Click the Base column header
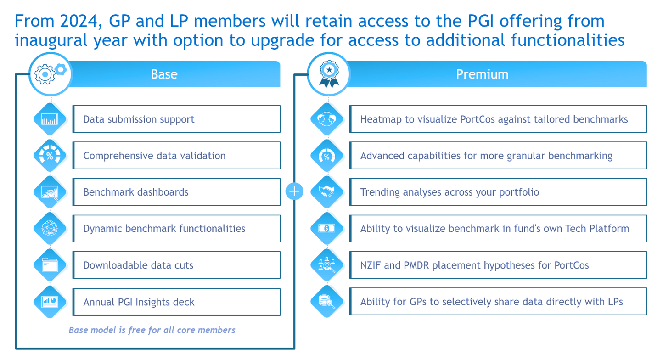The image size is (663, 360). point(164,74)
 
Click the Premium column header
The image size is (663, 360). point(482,74)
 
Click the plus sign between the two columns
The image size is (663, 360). point(294,191)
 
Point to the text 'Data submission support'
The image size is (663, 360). point(139,119)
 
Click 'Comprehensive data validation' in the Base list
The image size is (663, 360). point(154,156)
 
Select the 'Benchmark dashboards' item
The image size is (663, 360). point(136,192)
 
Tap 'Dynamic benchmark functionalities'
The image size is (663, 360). point(164,228)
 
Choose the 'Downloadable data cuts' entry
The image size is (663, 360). point(138,265)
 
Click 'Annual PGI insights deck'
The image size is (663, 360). point(139,302)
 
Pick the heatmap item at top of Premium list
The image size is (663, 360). point(494,119)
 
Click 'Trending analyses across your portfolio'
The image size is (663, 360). point(450,192)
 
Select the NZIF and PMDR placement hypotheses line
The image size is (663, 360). point(475,265)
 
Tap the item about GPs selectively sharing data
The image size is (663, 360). point(492,302)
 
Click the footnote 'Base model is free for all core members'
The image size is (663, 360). point(152,330)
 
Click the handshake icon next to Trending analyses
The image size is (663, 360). point(326,192)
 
